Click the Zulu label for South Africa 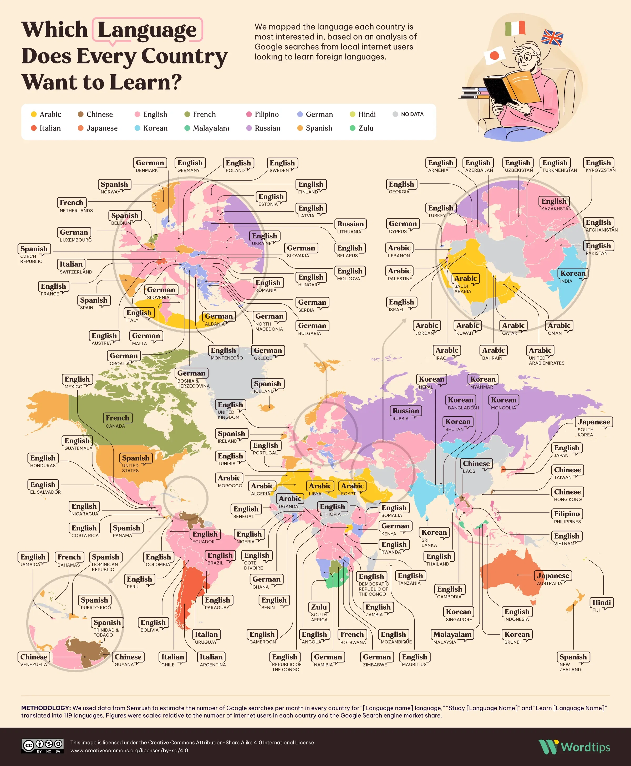click(x=319, y=607)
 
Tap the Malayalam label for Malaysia click(x=452, y=634)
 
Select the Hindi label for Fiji click(x=602, y=602)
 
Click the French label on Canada click(x=118, y=418)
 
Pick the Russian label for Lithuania click(x=350, y=224)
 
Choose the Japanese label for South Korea click(x=594, y=422)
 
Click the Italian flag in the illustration click(x=515, y=28)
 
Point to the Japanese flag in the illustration click(x=494, y=56)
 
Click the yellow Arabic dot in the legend click(x=34, y=114)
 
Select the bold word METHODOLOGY click(x=46, y=708)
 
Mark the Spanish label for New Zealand click(x=573, y=657)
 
